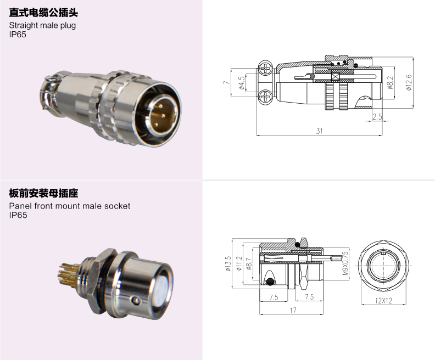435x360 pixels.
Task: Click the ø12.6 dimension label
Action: pos(409,82)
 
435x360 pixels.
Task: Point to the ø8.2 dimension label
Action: pos(391,82)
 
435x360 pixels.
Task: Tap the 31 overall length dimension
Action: pos(319,131)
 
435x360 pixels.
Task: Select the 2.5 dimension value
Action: pos(377,117)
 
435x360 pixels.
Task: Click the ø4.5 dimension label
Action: pos(242,83)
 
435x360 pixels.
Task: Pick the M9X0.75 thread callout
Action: pos(345,263)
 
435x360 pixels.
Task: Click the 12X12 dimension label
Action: pos(383,300)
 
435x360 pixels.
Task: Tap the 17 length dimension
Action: pos(293,310)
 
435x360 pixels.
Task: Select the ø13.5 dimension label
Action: pos(228,263)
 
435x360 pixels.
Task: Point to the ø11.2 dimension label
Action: pos(239,263)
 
